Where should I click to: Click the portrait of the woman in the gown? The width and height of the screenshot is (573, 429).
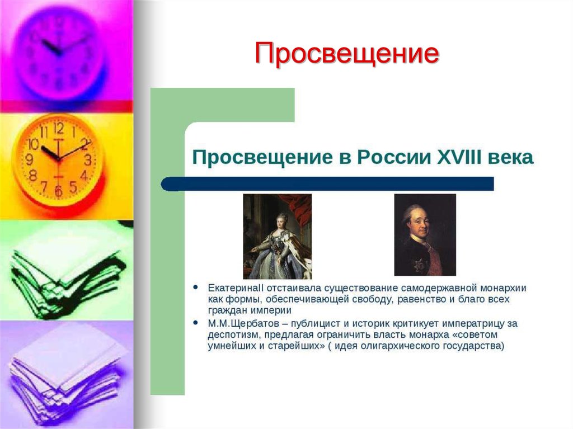pos(277,236)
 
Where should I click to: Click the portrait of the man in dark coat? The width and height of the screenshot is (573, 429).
pos(425,235)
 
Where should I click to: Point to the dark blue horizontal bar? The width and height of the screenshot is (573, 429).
pos(327,183)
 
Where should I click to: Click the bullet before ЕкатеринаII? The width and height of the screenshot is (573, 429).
pos(195,287)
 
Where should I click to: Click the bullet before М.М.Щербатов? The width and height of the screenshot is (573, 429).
pos(195,323)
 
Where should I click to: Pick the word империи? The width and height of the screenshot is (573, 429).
pos(273,311)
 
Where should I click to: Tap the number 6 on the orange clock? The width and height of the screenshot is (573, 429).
pos(58,191)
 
